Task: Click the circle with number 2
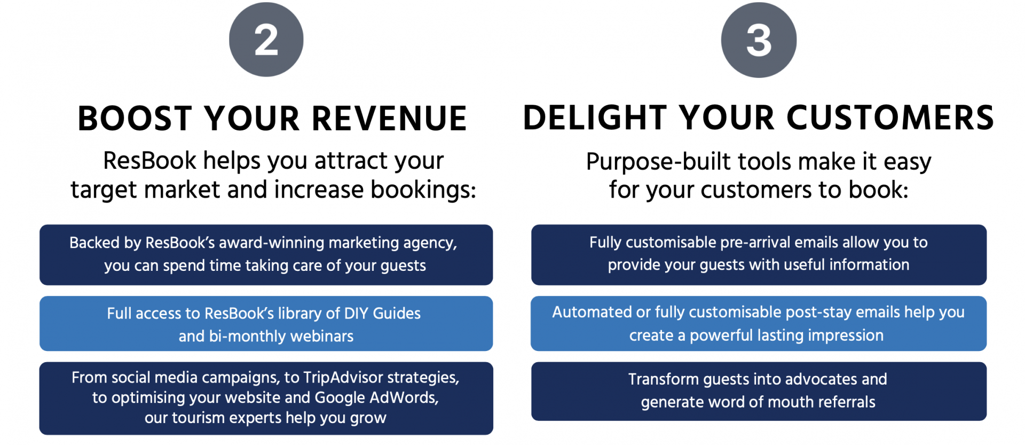tap(266, 40)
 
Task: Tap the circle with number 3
tap(759, 40)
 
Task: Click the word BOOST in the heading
tap(135, 118)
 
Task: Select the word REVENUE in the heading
tap(389, 118)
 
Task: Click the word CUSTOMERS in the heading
tap(890, 118)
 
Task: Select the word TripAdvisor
tap(343, 377)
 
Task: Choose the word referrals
tap(847, 402)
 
